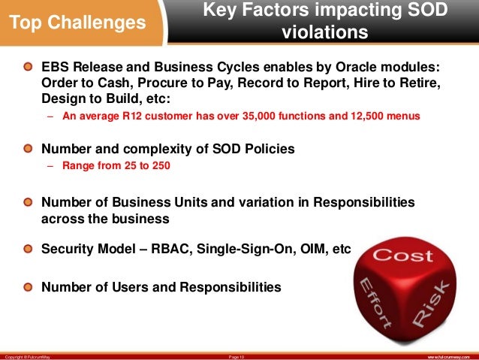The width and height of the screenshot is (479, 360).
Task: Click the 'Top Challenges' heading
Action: click(x=77, y=23)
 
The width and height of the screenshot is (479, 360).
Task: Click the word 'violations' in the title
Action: click(x=324, y=33)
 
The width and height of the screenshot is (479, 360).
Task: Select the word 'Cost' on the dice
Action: click(x=403, y=256)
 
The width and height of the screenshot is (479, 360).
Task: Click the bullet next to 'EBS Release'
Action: click(x=28, y=67)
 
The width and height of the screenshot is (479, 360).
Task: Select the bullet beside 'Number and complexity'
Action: click(x=28, y=149)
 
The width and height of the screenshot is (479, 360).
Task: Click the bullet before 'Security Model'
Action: click(x=28, y=249)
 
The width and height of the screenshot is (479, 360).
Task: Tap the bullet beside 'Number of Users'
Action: click(x=28, y=286)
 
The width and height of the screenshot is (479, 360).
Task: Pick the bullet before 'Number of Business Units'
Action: click(x=28, y=203)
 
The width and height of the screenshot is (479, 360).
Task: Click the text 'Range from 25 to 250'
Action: click(x=116, y=166)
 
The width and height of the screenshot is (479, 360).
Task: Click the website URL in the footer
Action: click(x=449, y=354)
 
